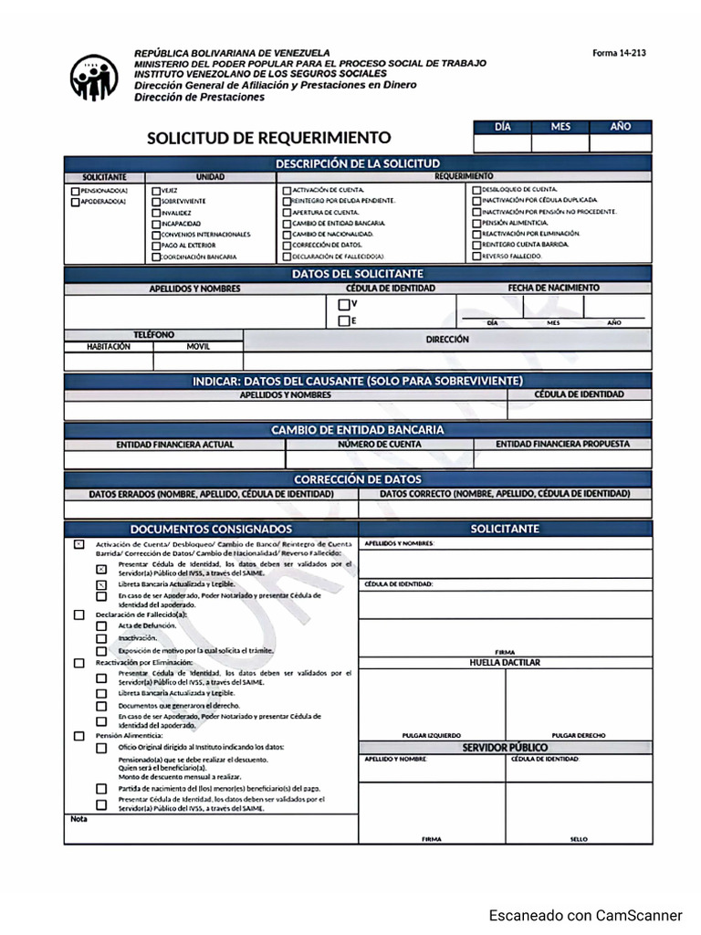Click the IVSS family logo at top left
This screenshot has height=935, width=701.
(x=94, y=78)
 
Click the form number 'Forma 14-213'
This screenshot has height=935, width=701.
(x=619, y=53)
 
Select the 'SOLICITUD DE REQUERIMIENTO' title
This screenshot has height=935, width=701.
(x=268, y=138)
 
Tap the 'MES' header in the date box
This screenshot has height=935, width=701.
(x=560, y=127)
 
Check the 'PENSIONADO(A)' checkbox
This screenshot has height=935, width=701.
(x=75, y=190)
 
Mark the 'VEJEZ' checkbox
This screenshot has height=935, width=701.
(x=156, y=190)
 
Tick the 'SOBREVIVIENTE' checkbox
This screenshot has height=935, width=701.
(x=156, y=201)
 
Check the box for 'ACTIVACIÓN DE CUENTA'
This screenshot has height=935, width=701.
(x=287, y=190)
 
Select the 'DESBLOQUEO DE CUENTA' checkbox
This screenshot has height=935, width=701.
(x=476, y=189)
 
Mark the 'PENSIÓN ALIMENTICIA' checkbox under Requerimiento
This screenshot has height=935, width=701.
(x=476, y=223)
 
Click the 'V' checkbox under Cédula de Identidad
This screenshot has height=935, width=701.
(x=343, y=304)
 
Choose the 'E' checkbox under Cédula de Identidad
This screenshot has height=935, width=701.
(x=343, y=320)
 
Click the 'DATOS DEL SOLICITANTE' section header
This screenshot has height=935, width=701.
(x=358, y=273)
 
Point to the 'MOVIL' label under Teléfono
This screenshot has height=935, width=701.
(x=198, y=347)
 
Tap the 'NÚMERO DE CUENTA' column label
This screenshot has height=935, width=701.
(x=380, y=445)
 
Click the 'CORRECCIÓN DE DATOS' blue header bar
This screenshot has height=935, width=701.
(x=358, y=478)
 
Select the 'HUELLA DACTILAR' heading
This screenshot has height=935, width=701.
(x=505, y=662)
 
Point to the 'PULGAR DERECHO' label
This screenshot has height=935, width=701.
(x=579, y=735)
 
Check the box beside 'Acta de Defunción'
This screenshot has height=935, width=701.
(x=101, y=626)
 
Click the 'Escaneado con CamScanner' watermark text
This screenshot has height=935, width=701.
(x=585, y=915)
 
